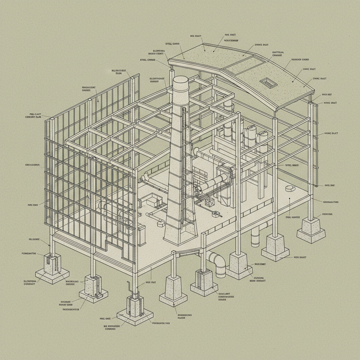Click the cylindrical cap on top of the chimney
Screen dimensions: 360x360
[x=181, y=84]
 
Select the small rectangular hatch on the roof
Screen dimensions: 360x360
[x=267, y=83]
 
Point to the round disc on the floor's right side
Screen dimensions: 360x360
[x=291, y=188]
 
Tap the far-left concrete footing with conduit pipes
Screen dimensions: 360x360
[x=52, y=269]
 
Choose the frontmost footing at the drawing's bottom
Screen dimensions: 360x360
[x=135, y=309]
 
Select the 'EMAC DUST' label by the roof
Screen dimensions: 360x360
[x=320, y=79]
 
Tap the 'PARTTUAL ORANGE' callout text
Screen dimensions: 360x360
[x=278, y=53]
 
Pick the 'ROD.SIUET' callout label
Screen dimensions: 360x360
[x=300, y=257]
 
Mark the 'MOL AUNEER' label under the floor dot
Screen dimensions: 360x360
[x=292, y=217]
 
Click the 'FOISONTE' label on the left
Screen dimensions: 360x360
[x=34, y=239]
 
